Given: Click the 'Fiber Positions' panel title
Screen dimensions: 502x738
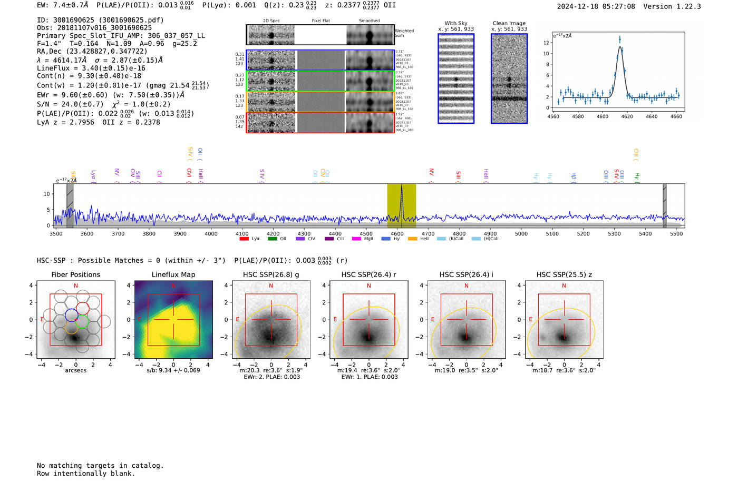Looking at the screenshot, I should pyautogui.click(x=75, y=274).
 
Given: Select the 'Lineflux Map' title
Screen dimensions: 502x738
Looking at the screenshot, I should pyautogui.click(x=173, y=274).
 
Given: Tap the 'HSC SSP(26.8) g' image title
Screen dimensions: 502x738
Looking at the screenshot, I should pyautogui.click(x=271, y=274).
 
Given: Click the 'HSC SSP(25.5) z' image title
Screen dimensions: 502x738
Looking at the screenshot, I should pyautogui.click(x=564, y=274).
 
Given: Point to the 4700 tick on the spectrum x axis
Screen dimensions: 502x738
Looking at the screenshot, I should pyautogui.click(x=428, y=233).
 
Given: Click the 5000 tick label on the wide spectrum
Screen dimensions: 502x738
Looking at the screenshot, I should pyautogui.click(x=521, y=233).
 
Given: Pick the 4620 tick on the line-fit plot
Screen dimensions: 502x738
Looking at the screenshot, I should pyautogui.click(x=627, y=116).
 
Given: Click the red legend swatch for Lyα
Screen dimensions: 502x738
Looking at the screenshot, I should pyautogui.click(x=244, y=239).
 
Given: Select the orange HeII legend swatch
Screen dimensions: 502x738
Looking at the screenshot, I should pyautogui.click(x=412, y=239).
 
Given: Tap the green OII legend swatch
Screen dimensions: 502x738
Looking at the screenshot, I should pyautogui.click(x=272, y=239).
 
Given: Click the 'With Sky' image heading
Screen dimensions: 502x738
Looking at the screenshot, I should pyautogui.click(x=456, y=23).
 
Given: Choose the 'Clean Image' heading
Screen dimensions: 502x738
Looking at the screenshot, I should pyautogui.click(x=509, y=23).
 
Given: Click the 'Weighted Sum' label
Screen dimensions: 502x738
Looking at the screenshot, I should pyautogui.click(x=404, y=33).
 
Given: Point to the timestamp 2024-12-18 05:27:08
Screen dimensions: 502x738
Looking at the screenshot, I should pyautogui.click(x=596, y=6).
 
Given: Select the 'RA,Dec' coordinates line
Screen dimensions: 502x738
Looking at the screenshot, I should pyautogui.click(x=92, y=51).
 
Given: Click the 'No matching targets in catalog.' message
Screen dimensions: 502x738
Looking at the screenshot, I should pyautogui.click(x=100, y=466).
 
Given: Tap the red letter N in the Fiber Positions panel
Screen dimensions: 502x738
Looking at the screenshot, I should pyautogui.click(x=76, y=286).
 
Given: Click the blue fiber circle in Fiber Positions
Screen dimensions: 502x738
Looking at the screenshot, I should pyautogui.click(x=72, y=315).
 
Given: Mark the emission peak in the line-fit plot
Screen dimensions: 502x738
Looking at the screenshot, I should pyautogui.click(x=620, y=40).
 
